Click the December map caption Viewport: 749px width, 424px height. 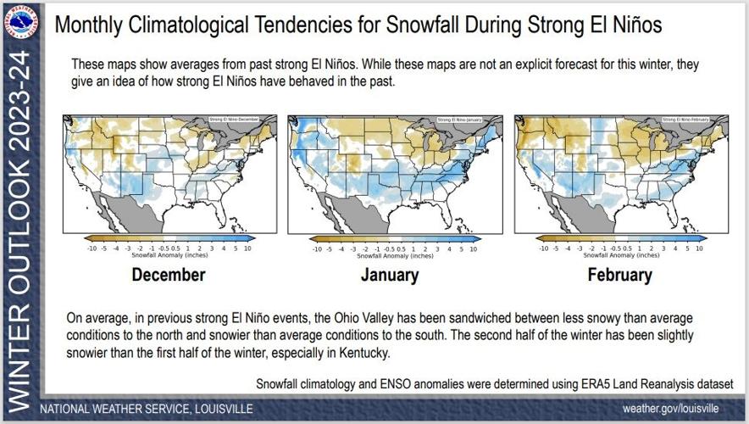click(x=168, y=275)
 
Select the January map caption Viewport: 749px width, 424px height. click(x=390, y=275)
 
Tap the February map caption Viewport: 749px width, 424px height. click(x=620, y=275)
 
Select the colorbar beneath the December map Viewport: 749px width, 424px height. click(x=168, y=240)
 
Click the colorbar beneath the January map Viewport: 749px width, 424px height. click(x=395, y=240)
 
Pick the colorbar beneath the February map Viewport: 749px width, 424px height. click(x=621, y=240)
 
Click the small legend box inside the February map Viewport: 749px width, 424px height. click(x=687, y=120)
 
